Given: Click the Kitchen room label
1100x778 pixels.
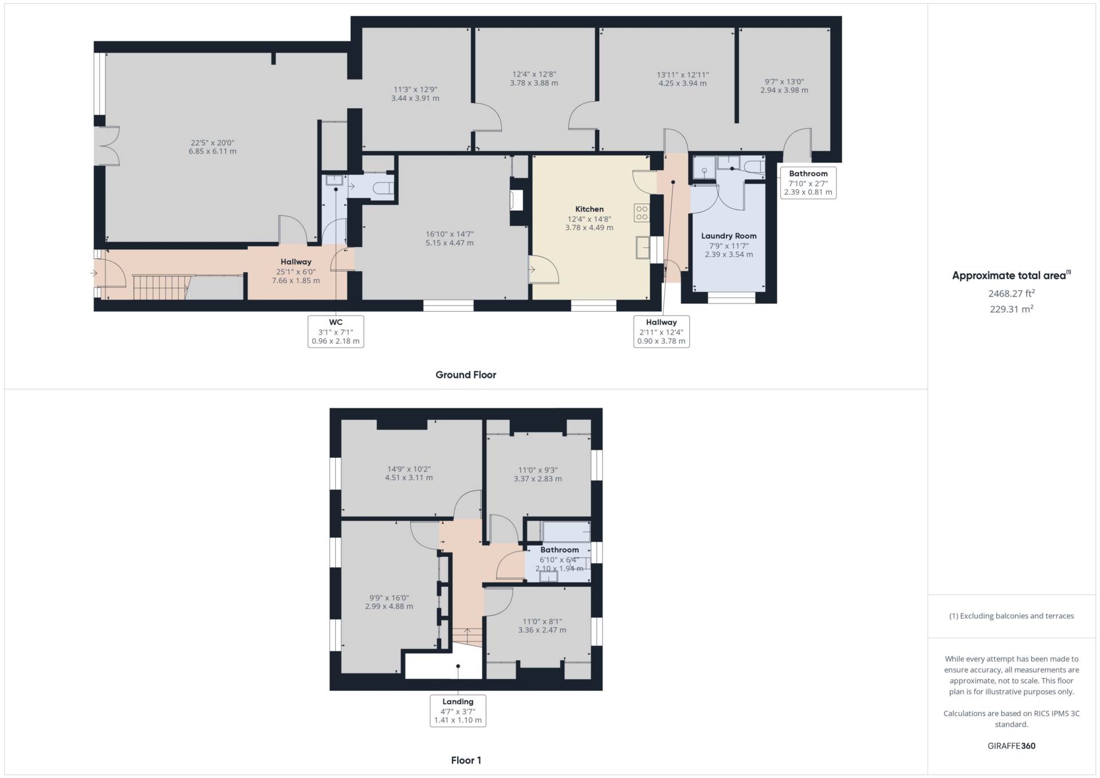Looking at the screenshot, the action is coord(589,209).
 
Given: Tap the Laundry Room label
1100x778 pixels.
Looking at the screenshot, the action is coord(729,236).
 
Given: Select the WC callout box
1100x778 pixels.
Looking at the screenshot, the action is coord(336,331).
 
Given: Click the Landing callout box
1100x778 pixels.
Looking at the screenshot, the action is coord(458,710).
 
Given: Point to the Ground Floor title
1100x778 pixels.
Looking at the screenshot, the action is coord(466,375).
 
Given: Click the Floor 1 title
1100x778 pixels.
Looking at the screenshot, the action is coord(466,760).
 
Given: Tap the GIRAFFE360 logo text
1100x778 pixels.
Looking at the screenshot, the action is coord(1011,746).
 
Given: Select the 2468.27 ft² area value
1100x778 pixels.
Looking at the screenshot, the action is coord(1011,293).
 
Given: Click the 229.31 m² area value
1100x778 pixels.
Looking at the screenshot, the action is coord(1011,309).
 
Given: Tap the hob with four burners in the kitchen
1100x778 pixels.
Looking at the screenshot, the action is coord(642,213).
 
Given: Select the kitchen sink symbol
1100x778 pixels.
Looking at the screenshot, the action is coord(642,249).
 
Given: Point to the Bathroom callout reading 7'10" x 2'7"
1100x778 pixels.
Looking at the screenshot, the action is coord(808,183).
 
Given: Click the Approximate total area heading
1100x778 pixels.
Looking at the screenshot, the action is coord(1011,276).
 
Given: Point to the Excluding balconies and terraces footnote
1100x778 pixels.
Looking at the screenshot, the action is coord(1011,616).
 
